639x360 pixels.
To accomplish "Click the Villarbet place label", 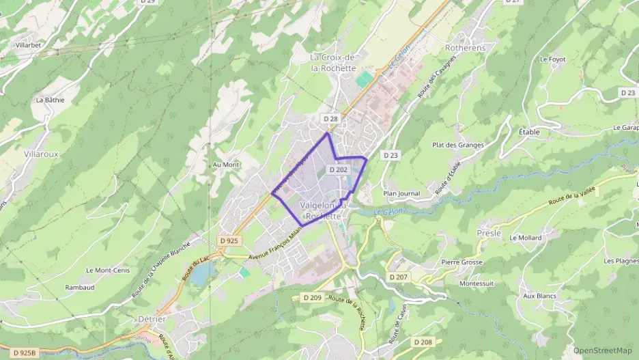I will pos(28,45).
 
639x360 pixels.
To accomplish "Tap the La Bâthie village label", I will pos(50,99).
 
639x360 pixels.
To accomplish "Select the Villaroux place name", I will pos(41,154).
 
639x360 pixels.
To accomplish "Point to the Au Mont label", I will pos(226,165).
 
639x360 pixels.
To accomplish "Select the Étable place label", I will pos(528,131).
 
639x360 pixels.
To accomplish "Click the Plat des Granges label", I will pos(457,145).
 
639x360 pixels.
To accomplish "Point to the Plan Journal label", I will pos(401,193).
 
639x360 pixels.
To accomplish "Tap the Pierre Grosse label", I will pos(461,262).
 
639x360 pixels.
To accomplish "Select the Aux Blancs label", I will pos(539,296).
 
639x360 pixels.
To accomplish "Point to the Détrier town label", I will pos(152,320).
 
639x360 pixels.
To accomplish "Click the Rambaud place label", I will pos(79,288).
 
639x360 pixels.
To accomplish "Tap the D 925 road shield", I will pos(229,240).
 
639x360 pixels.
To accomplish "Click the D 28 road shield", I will pos(330,119).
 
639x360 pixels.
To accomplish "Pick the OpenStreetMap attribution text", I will pos(602,350).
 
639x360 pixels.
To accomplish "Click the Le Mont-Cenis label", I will pos(107,270).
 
